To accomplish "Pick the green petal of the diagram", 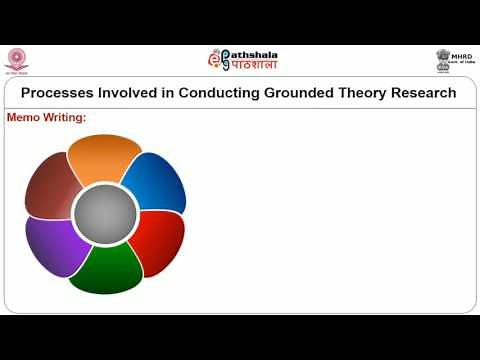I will click(106, 267).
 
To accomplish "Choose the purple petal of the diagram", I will click(57, 245).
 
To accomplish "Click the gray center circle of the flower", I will click(105, 213).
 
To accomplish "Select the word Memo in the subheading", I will click(25, 118).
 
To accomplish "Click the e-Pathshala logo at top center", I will click(241, 59).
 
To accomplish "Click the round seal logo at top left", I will click(17, 59).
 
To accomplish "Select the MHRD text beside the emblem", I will click(462, 56).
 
